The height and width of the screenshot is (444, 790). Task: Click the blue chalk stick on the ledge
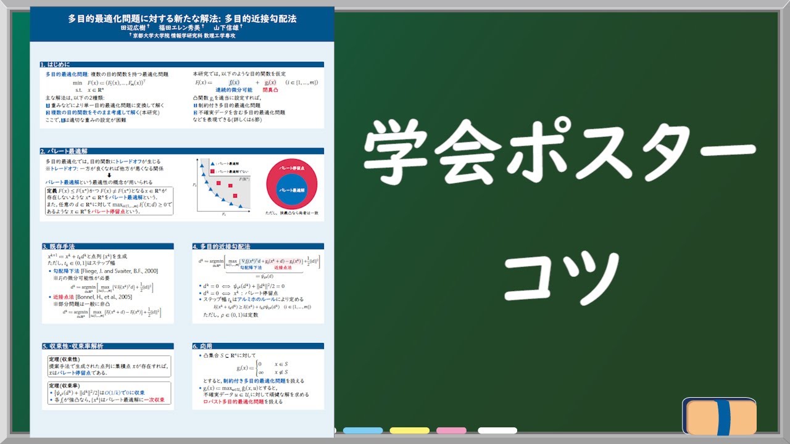pos(364,430)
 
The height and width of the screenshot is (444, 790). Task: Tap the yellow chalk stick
pos(409,430)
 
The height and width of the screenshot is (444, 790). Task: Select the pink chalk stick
pos(451,430)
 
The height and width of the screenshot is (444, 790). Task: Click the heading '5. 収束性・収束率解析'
pos(73,347)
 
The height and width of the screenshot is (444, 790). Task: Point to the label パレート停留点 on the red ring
pos(291,167)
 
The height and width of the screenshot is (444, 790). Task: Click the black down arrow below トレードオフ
pos(109,175)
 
